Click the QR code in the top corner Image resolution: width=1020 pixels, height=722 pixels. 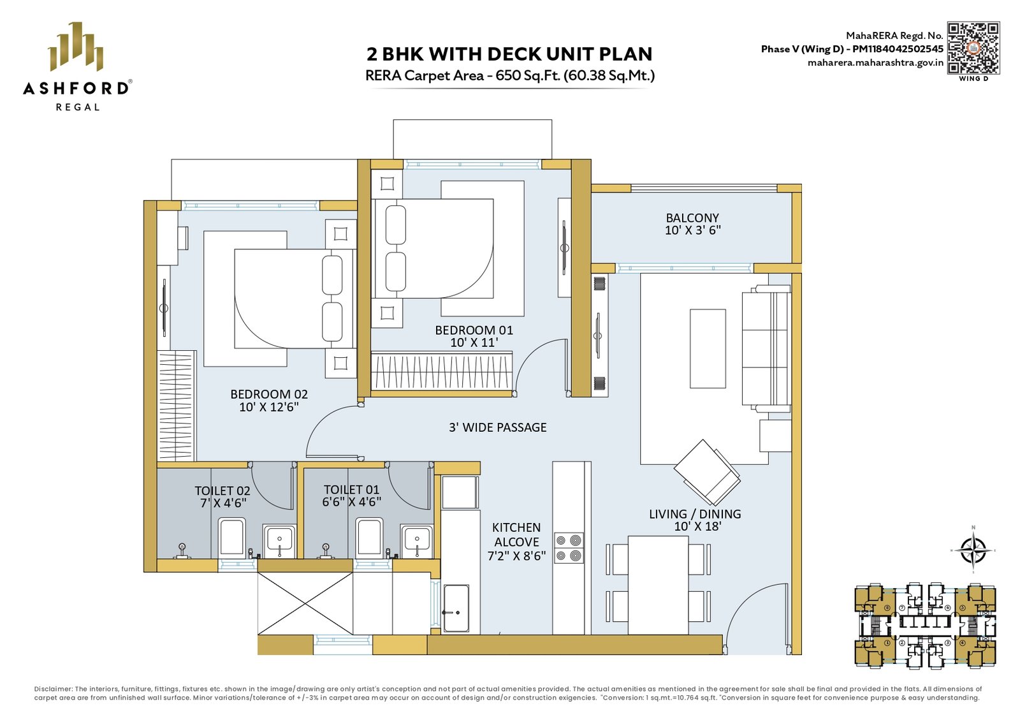[973, 48]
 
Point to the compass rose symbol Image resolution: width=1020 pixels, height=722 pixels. [973, 550]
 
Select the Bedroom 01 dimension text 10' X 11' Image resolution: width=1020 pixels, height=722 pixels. [474, 343]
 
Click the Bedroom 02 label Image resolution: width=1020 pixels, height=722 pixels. [268, 394]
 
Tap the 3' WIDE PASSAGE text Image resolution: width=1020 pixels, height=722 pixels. [498, 427]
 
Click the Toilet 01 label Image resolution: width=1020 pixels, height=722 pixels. [351, 490]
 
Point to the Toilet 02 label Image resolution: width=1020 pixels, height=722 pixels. [222, 490]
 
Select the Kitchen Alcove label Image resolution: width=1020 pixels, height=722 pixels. [516, 534]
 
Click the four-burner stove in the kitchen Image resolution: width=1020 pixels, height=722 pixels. [569, 548]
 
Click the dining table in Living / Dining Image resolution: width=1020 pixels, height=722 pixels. [658, 585]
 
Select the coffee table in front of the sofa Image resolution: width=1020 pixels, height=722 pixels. [708, 348]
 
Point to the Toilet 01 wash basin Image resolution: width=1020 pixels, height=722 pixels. [417, 541]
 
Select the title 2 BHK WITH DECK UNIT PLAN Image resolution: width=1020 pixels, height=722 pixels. [509, 54]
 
